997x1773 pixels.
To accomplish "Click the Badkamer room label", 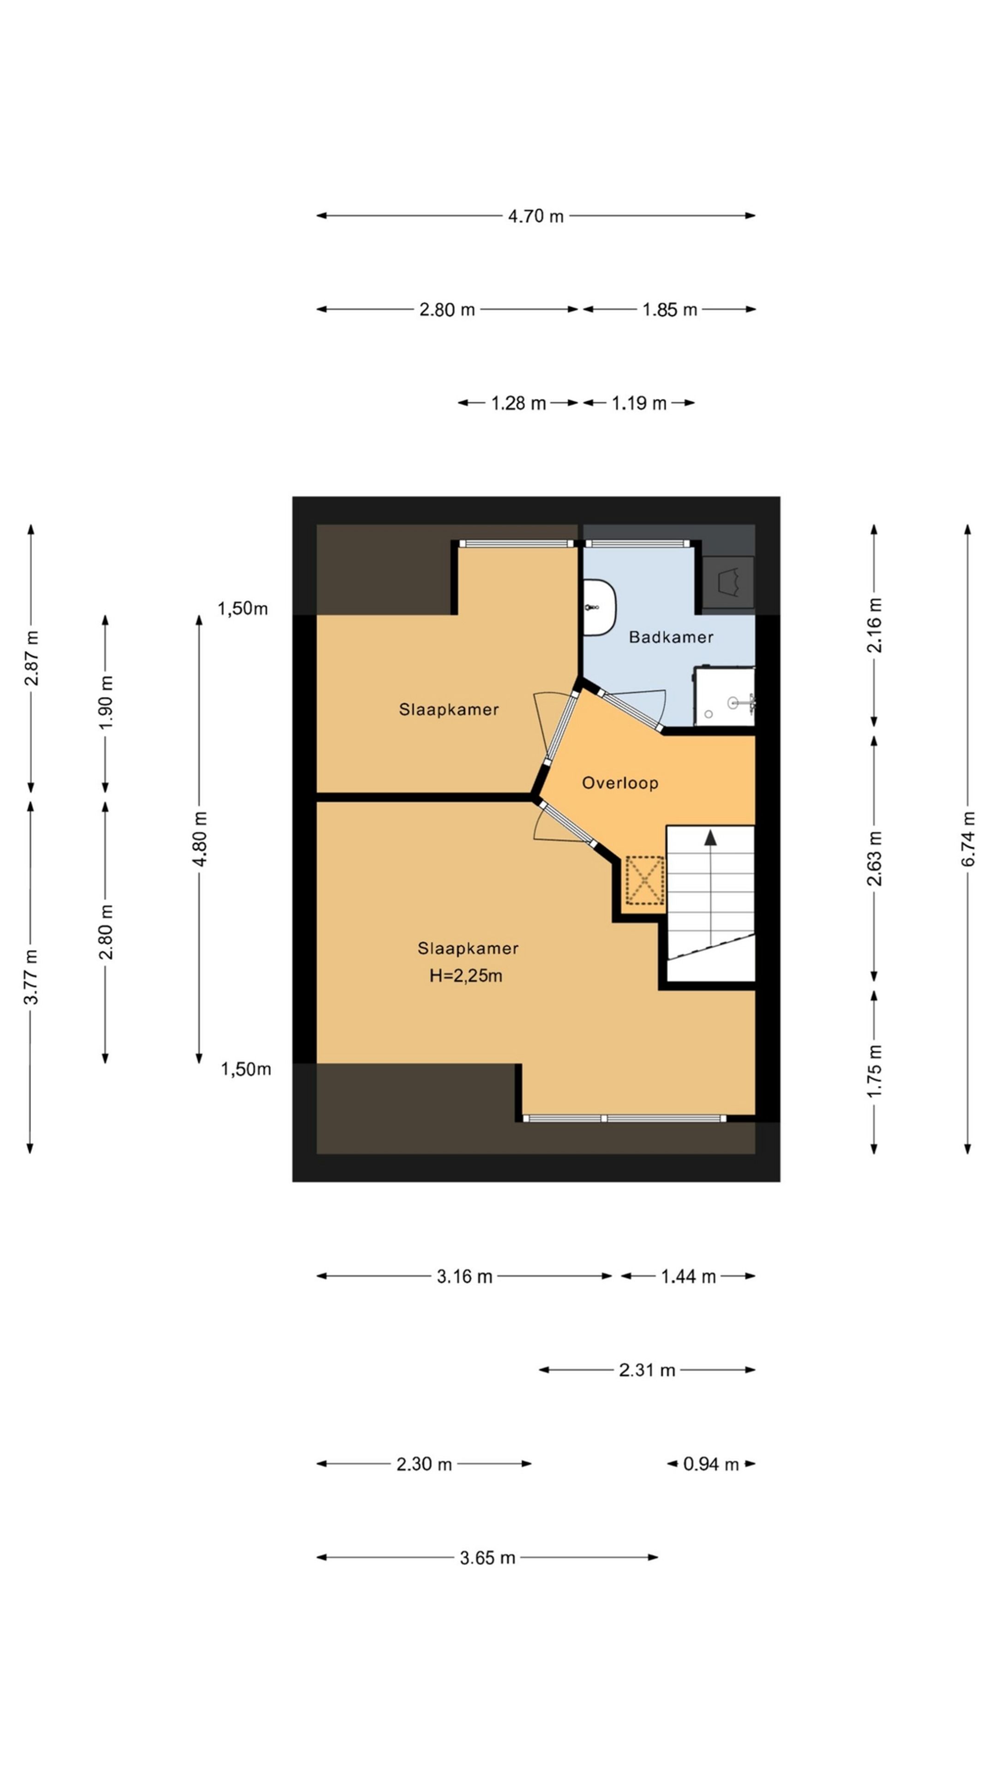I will click(670, 637).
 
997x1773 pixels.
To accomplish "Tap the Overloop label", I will click(619, 783).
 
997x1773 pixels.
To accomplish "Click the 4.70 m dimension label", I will click(535, 216).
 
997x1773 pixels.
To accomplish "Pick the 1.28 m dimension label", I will click(517, 404).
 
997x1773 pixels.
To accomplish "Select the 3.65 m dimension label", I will click(486, 1557).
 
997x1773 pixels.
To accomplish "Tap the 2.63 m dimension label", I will click(874, 858).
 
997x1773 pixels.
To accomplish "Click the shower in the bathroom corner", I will click(724, 697).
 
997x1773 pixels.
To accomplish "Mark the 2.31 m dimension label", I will click(646, 1370).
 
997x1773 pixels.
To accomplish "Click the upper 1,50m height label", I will click(242, 609).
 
